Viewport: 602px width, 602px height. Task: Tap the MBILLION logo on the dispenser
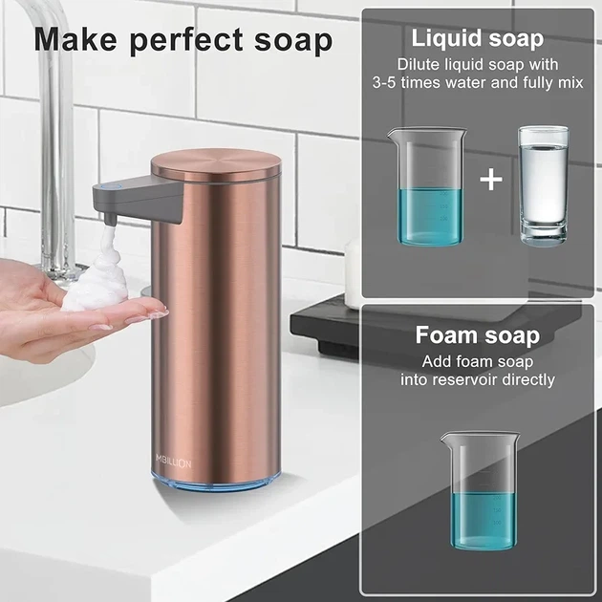174,463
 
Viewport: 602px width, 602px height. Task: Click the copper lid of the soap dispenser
216,164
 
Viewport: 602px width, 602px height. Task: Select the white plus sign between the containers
491,180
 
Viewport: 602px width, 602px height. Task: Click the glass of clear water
544,185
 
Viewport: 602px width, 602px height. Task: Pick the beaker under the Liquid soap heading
427,187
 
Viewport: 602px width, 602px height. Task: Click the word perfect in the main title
187,41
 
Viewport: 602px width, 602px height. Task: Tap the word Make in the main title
75,39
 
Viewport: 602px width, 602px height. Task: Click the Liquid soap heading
478,39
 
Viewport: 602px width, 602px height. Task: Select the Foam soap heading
478,335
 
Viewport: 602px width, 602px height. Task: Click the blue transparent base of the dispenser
215,483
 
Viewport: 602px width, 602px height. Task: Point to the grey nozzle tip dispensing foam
110,219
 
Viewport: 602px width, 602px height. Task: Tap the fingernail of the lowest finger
100,328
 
